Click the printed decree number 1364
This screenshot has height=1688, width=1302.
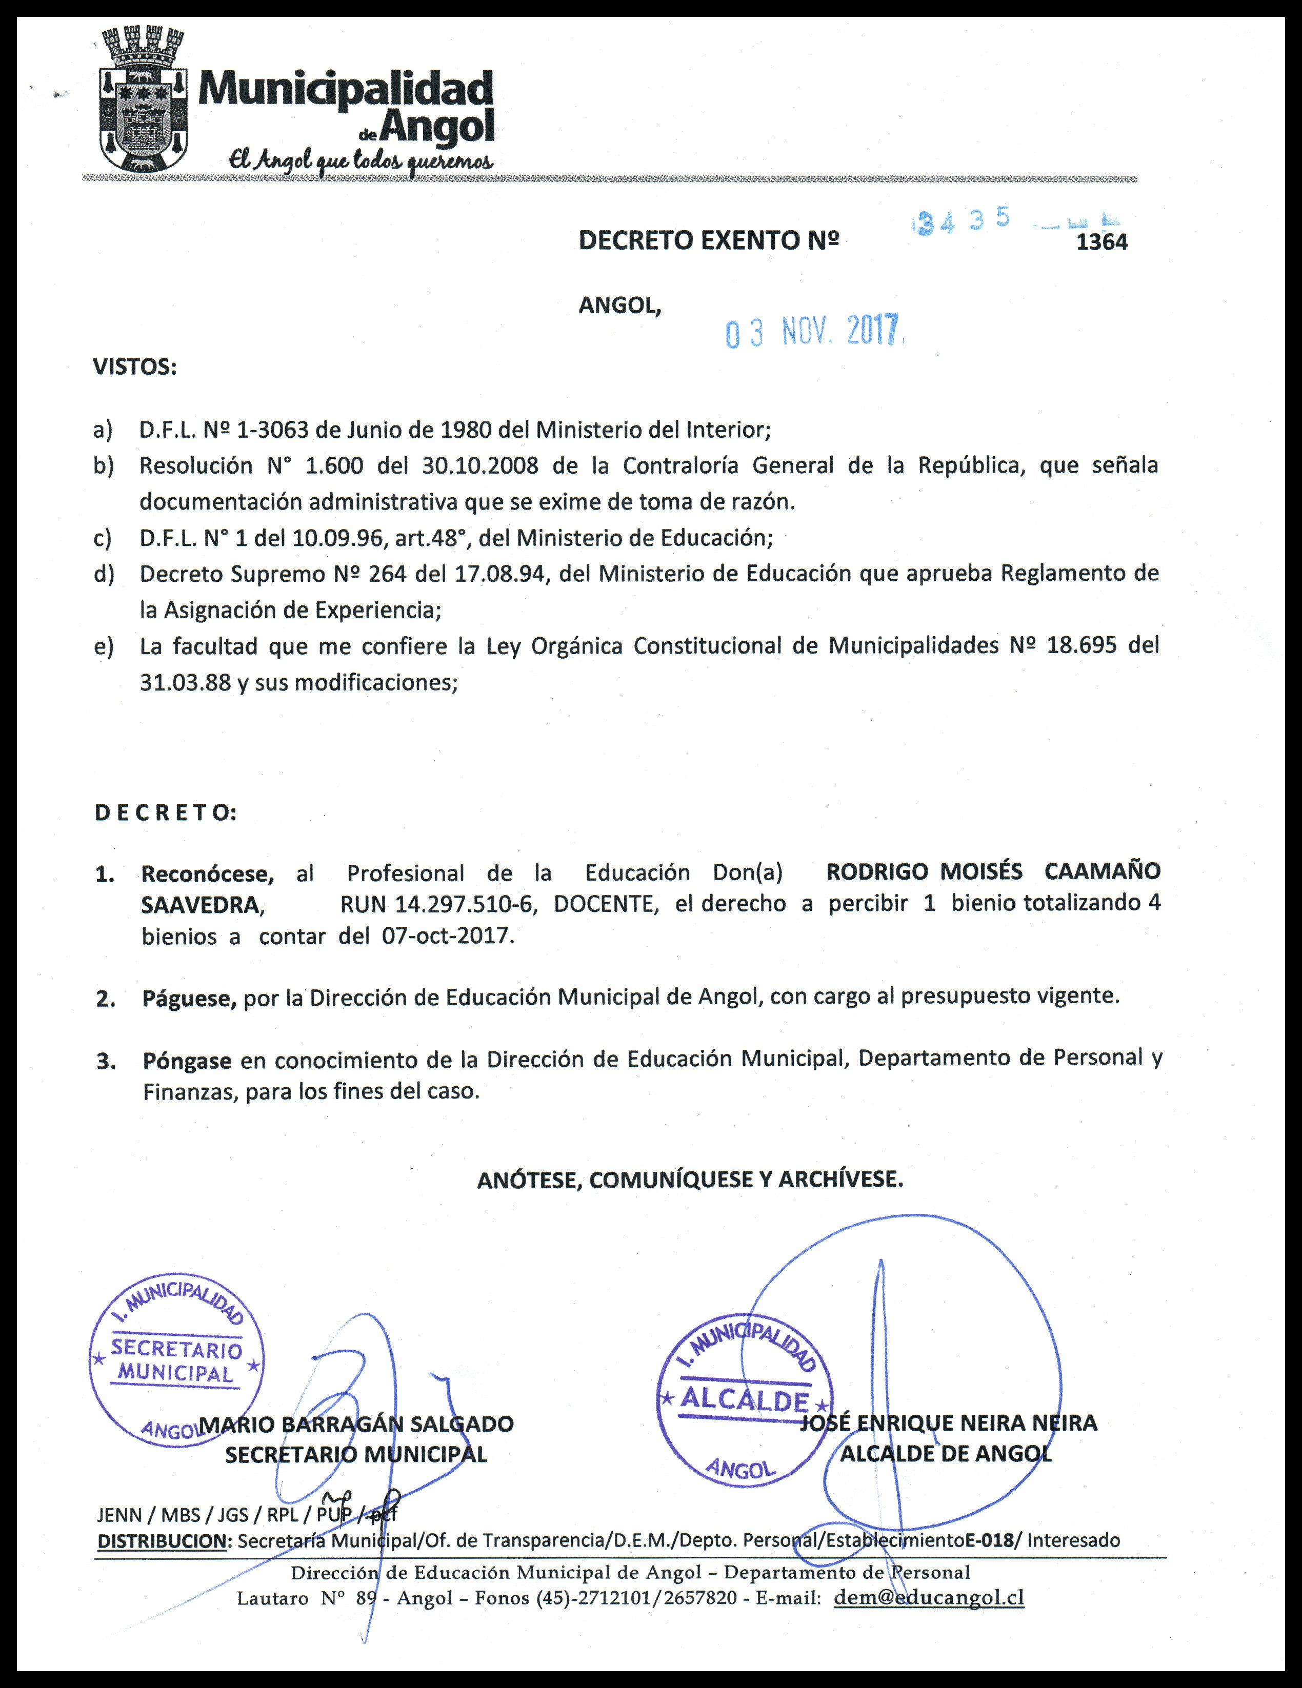pyautogui.click(x=1102, y=242)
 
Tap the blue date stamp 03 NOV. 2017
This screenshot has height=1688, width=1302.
pyautogui.click(x=813, y=332)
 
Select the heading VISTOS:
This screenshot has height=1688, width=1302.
pyautogui.click(x=135, y=367)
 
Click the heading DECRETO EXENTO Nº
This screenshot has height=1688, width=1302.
pyautogui.click(x=708, y=241)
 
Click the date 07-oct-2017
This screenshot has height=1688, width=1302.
pyautogui.click(x=447, y=936)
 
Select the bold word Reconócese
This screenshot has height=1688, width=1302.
pyautogui.click(x=207, y=874)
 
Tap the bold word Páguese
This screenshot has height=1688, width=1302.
pyautogui.click(x=189, y=998)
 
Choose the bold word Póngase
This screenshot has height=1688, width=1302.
pyautogui.click(x=187, y=1061)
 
